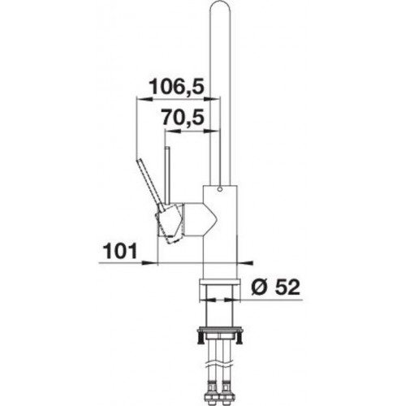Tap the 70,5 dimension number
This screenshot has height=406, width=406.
[x=183, y=117]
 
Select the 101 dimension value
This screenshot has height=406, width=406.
[x=121, y=251]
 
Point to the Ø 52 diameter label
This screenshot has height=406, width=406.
[x=275, y=287]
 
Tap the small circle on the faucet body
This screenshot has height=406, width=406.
[x=219, y=189]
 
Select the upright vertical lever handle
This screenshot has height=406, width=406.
[x=167, y=176]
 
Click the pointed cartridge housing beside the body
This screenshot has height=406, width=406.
[x=200, y=219]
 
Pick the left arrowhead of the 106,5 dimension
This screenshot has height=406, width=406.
[x=144, y=99]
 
